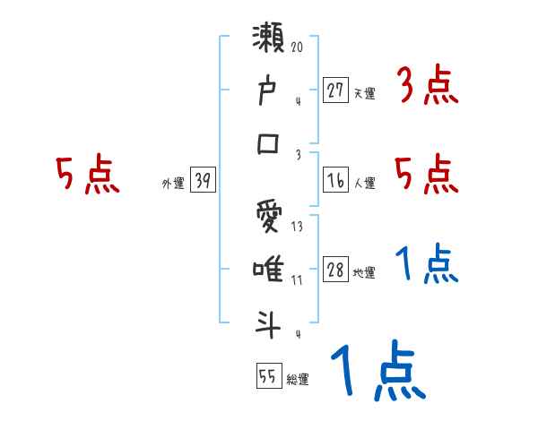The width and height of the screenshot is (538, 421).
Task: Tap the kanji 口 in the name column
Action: coord(271,142)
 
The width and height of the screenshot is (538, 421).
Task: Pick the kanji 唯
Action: coord(271,269)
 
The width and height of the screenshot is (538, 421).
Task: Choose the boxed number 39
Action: coord(203,181)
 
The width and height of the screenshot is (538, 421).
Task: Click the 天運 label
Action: coord(365,93)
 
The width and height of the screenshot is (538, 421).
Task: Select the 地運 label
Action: coord(365,273)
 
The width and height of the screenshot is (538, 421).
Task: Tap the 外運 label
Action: coord(172,184)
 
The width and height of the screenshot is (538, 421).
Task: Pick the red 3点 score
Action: coord(427,87)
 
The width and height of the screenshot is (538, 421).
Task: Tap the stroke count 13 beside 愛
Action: coord(297,226)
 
